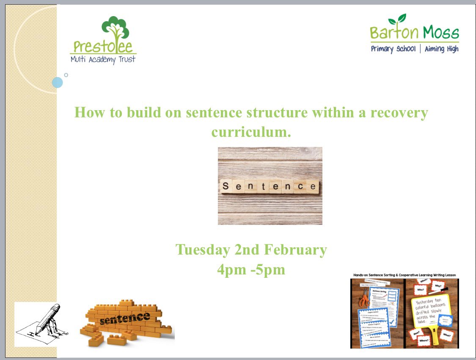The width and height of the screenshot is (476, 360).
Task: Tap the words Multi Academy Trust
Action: point(103,59)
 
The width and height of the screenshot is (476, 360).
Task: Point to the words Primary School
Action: point(393,49)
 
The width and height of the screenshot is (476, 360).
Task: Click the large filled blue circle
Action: point(58,82)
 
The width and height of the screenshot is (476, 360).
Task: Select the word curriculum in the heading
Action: point(251,132)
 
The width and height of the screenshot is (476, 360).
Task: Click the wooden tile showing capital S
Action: point(226,186)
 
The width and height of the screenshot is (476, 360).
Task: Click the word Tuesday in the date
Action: point(203,250)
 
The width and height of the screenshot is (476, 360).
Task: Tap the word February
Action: point(295,250)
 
